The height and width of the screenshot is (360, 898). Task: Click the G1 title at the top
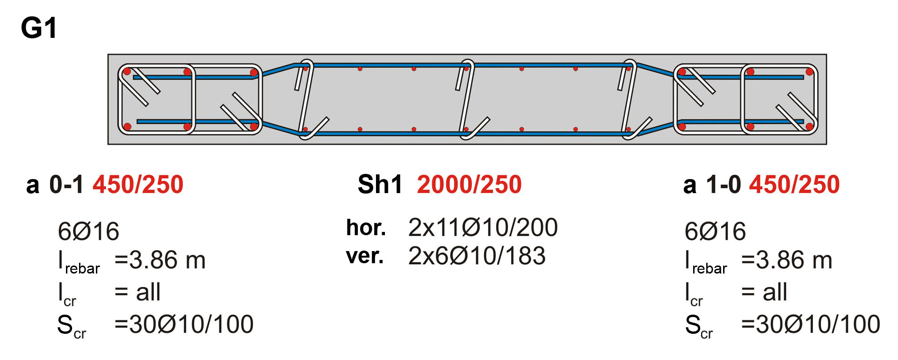[x=39, y=28]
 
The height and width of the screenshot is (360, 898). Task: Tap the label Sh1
[x=380, y=184]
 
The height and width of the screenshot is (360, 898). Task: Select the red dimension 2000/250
[x=469, y=184]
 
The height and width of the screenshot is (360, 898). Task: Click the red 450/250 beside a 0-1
[x=138, y=184]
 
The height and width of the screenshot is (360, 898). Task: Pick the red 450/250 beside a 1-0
[x=795, y=184]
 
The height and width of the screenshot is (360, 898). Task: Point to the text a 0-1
[x=55, y=184]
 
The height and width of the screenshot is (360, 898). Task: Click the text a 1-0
[x=712, y=184]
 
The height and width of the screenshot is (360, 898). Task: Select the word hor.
[x=366, y=228]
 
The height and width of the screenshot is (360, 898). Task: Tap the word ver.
[x=365, y=256]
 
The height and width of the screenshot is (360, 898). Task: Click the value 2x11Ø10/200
[x=483, y=228]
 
